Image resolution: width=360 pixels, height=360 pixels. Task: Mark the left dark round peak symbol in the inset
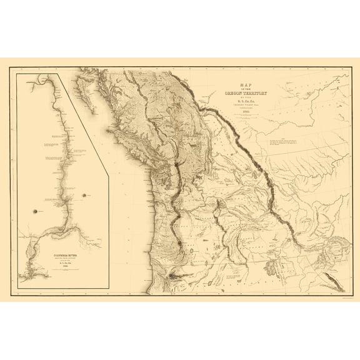pyautogui.click(x=36, y=211)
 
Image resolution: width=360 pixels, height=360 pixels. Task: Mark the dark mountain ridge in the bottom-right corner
pyautogui.click(x=334, y=280)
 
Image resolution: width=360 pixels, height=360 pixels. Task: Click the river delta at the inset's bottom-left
pyautogui.click(x=28, y=272)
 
